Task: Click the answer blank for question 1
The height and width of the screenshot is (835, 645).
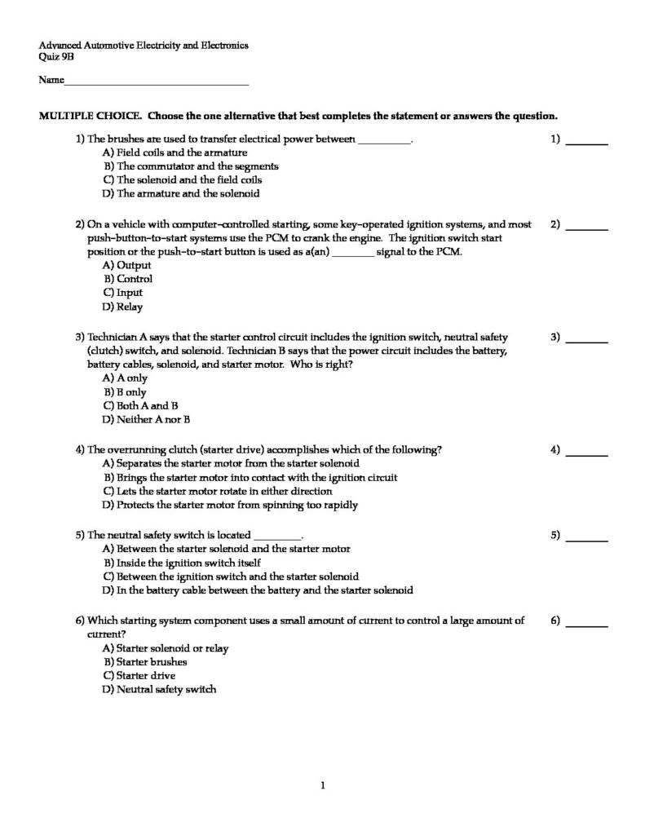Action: click(x=587, y=143)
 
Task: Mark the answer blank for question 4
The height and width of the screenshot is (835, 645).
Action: click(x=587, y=453)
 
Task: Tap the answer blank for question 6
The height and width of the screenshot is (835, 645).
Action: click(x=587, y=625)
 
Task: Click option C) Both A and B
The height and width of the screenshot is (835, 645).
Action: click(x=141, y=405)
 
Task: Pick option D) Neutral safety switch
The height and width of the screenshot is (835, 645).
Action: click(x=160, y=689)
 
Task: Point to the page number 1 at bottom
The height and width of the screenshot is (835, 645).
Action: click(x=323, y=786)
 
